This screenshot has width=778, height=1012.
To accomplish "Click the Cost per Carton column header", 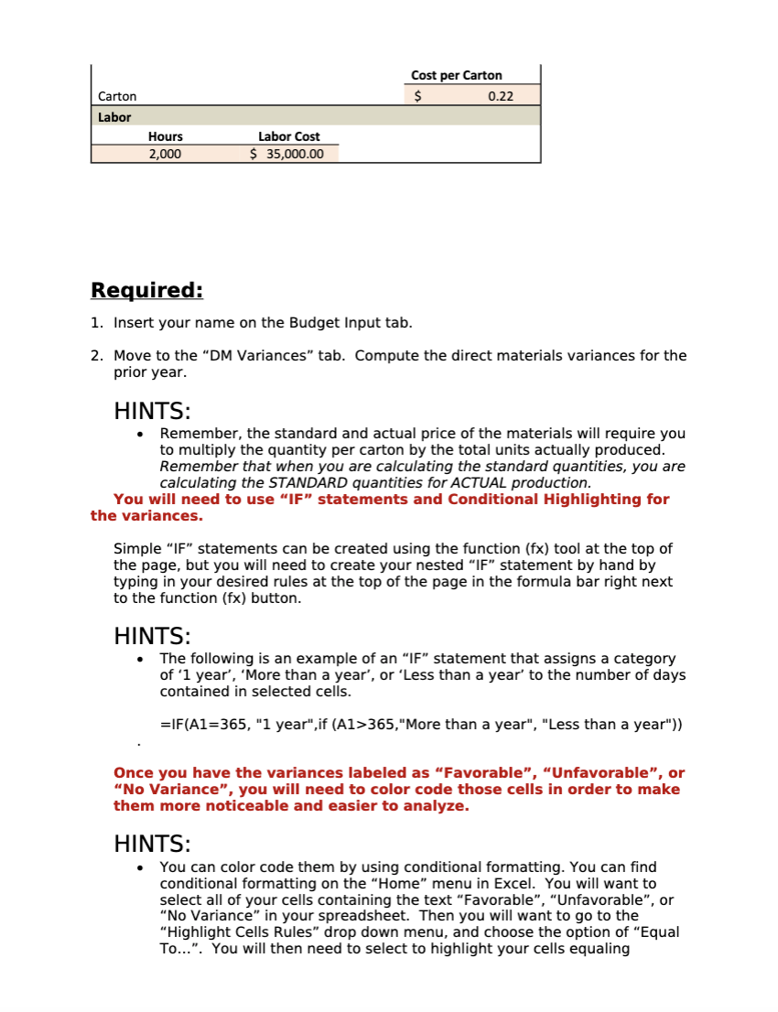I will (x=456, y=75).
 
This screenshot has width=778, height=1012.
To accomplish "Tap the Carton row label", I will (x=117, y=96).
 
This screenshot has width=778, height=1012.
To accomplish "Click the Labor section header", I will (x=114, y=117).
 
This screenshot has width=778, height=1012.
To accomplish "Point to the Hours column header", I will (x=165, y=136).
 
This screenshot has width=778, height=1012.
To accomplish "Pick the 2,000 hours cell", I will (x=165, y=154).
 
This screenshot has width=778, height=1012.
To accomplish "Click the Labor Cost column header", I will (x=288, y=136).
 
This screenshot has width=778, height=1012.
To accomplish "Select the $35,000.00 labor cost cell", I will (x=287, y=154).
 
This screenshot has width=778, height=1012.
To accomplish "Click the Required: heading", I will (x=146, y=291).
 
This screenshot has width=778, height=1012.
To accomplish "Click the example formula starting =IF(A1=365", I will (x=422, y=725).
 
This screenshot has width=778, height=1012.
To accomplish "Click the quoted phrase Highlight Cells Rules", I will (x=236, y=931).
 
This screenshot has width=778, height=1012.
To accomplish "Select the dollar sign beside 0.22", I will (x=417, y=96).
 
